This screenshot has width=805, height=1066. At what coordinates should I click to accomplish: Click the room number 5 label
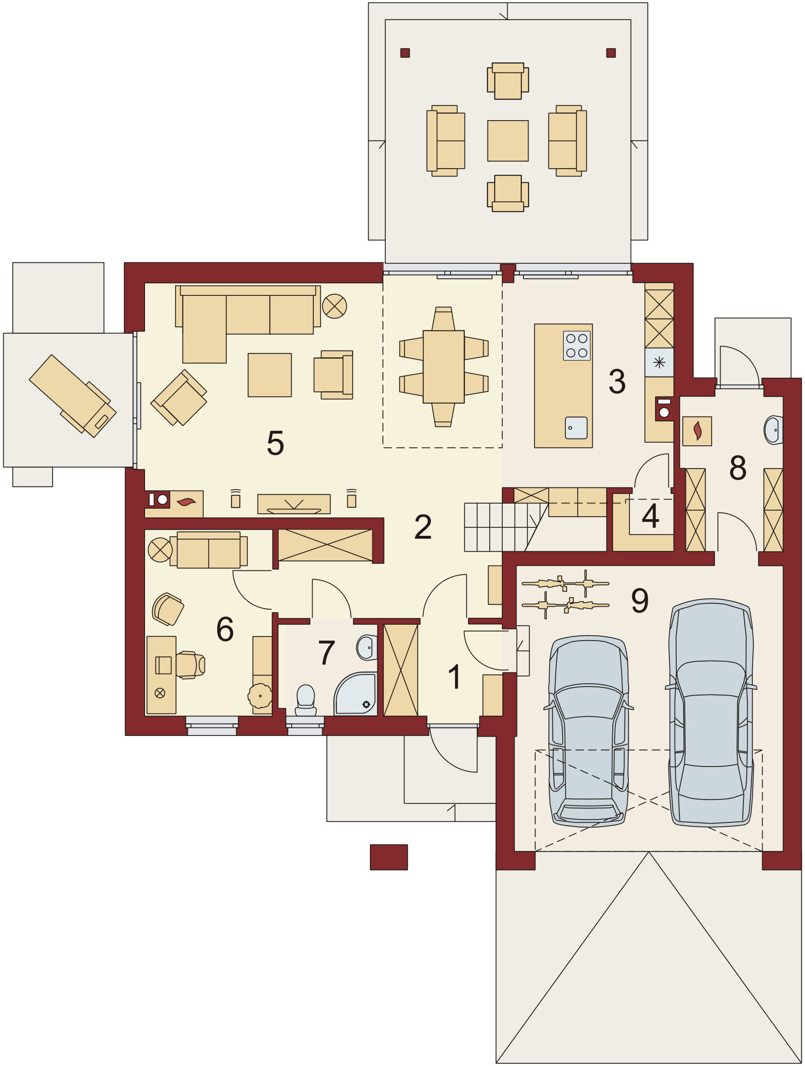point(275,443)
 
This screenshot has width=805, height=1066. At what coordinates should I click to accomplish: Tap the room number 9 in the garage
point(640,601)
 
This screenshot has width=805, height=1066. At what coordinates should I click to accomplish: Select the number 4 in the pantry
point(650,516)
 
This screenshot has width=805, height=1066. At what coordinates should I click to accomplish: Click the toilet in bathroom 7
point(306,700)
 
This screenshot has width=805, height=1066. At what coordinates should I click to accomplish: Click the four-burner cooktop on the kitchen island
point(576,346)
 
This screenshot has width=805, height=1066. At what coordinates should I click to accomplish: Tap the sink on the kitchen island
point(576,428)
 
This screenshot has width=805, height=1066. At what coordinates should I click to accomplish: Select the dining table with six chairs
point(443,367)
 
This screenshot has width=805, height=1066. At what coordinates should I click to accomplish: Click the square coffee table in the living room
point(269,375)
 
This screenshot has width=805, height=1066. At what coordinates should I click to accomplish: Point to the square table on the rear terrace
point(508,141)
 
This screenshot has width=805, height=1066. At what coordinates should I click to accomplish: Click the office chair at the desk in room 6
point(189,665)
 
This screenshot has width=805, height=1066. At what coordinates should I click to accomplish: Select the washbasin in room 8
point(773,429)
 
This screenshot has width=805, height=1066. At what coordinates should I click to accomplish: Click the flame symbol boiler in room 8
point(697,431)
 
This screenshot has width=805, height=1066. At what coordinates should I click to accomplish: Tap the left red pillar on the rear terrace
point(405,53)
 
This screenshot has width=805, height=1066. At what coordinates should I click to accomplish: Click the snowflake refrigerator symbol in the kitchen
point(659,362)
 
